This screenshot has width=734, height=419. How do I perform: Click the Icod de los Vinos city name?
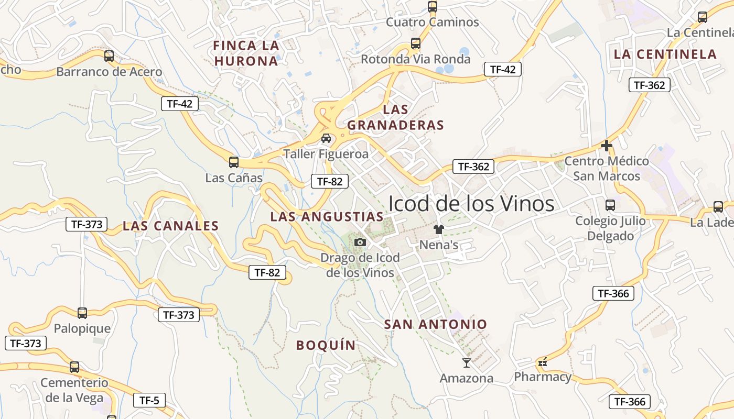tap(471, 203)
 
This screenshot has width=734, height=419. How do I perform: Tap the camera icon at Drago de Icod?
tap(360, 242)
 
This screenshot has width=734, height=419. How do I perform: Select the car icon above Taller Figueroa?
tap(326, 138)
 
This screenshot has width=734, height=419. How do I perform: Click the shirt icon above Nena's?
tap(438, 229)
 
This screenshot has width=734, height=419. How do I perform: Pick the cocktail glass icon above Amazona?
tap(467, 362)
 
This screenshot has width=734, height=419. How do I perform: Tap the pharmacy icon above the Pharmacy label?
tap(543, 362)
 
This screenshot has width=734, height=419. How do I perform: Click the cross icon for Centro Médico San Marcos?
tap(607, 145)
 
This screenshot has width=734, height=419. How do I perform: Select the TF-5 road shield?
tap(149, 401)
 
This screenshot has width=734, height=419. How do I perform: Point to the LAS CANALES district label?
tap(170, 226)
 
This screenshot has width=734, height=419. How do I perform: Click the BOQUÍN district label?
tap(326, 345)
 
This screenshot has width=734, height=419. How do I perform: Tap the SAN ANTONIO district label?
tap(436, 324)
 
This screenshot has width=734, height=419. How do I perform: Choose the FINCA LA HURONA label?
tap(246, 53)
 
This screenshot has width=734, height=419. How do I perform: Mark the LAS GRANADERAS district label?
tap(395, 117)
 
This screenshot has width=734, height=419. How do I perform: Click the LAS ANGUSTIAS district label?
tap(327, 216)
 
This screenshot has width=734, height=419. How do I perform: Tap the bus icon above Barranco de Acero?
tap(109, 56)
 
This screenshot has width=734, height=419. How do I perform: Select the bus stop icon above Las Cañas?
tap(234, 162)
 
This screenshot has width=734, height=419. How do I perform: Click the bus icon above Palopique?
tap(82, 313)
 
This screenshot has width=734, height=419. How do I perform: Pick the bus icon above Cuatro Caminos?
tap(433, 7)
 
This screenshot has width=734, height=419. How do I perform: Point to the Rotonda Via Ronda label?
tap(416, 59)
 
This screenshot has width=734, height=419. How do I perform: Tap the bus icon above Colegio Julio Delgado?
tap(610, 205)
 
